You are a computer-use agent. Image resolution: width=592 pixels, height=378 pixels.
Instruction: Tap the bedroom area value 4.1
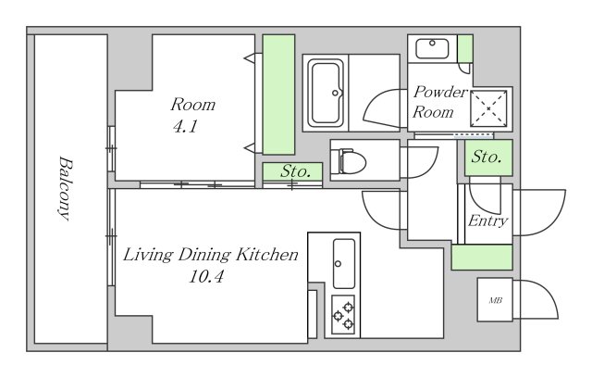tap(185, 127)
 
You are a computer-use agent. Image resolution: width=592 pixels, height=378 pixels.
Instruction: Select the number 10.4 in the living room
tap(206, 277)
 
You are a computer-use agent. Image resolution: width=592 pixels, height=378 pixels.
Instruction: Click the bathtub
tap(326, 93)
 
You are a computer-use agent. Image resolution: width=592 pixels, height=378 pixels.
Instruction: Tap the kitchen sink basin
tap(343, 263)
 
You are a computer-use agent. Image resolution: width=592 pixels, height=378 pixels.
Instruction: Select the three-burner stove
tap(343, 314)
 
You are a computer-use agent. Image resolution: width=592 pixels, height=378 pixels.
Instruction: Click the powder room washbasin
tap(432, 48)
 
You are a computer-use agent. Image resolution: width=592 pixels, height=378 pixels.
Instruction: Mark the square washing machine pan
tap(488, 108)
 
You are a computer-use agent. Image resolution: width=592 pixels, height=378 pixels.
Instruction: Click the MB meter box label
tap(496, 300)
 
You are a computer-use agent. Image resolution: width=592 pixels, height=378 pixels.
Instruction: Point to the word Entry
tap(487, 220)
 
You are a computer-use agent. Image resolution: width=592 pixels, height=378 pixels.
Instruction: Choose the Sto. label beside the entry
tap(487, 157)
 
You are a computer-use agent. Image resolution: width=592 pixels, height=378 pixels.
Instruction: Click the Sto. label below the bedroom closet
tap(295, 171)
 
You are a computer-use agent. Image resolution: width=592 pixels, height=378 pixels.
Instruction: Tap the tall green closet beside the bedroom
tap(278, 94)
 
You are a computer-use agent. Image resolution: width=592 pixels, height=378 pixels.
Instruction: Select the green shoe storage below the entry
tap(482, 257)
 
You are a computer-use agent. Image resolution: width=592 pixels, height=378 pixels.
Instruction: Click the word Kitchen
tap(267, 255)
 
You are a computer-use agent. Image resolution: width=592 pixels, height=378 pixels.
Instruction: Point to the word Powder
tap(440, 92)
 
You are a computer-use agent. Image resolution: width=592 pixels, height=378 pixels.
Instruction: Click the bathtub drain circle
tap(335, 93)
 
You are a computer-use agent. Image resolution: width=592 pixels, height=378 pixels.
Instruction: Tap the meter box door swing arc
tap(542, 298)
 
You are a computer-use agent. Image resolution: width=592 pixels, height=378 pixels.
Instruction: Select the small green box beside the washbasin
tap(465, 49)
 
